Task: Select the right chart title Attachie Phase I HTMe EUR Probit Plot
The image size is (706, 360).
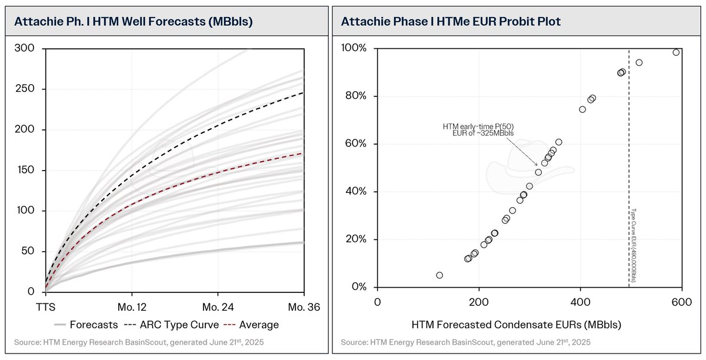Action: tap(451, 21)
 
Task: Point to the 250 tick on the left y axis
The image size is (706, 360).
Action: tap(29, 89)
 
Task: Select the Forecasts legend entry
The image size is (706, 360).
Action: tap(93, 324)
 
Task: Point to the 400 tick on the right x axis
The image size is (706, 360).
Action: tap(580, 301)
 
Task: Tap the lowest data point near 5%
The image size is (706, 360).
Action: tap(439, 275)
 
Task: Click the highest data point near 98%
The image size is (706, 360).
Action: tap(676, 52)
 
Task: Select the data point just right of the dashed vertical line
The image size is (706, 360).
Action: tap(639, 62)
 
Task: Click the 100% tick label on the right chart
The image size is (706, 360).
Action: tap(357, 48)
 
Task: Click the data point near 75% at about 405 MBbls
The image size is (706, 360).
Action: tap(582, 109)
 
